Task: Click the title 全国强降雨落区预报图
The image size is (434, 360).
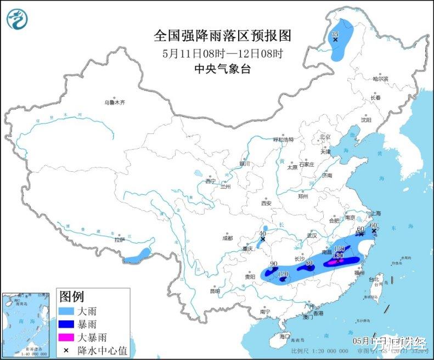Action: tap(222, 36)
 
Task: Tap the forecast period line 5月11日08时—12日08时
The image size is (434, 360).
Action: tap(222, 53)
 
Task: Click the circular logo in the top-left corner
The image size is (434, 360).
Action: tap(18, 19)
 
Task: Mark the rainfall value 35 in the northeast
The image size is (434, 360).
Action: tap(335, 34)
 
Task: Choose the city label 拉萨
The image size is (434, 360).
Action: tap(119, 240)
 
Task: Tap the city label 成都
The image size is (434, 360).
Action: tap(228, 238)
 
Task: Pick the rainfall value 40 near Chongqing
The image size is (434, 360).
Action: tap(262, 233)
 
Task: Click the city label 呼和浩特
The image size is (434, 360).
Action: tap(284, 139)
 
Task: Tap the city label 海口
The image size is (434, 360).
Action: tap(284, 335)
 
